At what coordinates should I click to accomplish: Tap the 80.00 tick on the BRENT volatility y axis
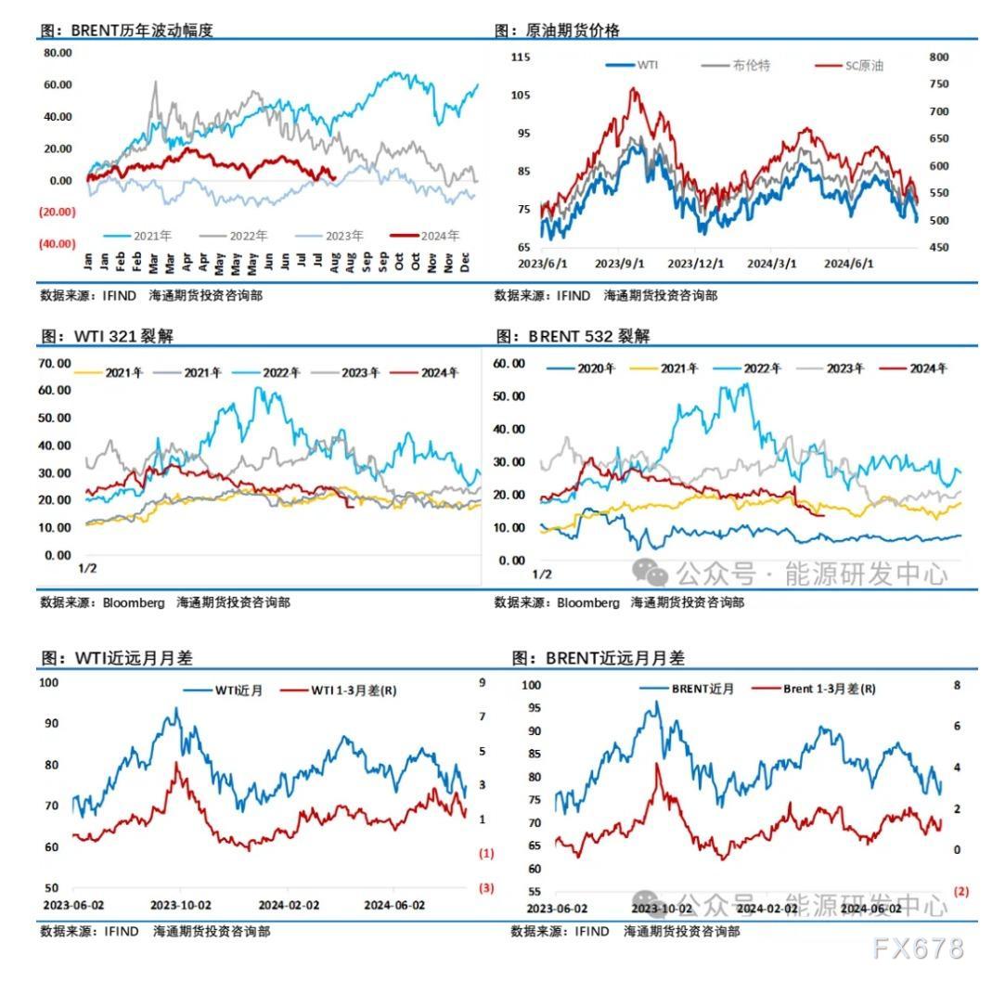(58, 53)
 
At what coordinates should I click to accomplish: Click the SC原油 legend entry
(863, 66)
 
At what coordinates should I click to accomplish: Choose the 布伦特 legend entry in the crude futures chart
(750, 66)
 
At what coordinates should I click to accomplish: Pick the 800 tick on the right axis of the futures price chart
(938, 57)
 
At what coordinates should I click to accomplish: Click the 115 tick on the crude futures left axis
(521, 58)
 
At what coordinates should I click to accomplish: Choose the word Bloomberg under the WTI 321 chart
(134, 602)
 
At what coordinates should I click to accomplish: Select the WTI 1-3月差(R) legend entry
(353, 691)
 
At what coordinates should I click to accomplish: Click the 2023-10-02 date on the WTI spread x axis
(181, 905)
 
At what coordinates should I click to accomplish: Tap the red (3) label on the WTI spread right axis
(486, 888)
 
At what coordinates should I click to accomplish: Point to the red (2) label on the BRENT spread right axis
(960, 891)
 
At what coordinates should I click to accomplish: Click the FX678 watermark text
(919, 948)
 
